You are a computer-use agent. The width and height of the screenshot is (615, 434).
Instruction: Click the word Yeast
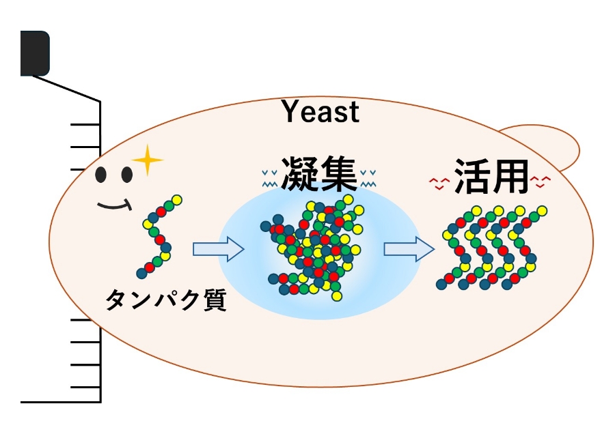320,111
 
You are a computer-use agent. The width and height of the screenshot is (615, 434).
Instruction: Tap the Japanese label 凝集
319,175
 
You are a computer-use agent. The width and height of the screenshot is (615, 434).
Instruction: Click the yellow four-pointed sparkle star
148,161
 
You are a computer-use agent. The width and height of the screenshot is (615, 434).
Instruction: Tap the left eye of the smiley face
102,175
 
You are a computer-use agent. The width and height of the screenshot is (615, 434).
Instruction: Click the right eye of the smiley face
126,175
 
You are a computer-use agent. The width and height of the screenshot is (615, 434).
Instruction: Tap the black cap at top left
34,53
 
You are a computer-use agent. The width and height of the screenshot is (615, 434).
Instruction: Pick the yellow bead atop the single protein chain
177,199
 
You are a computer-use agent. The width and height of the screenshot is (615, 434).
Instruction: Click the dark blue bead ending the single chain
142,274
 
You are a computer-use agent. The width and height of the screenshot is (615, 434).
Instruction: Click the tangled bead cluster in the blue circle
311,249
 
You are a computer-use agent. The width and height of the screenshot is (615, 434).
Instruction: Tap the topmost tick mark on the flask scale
85,124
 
